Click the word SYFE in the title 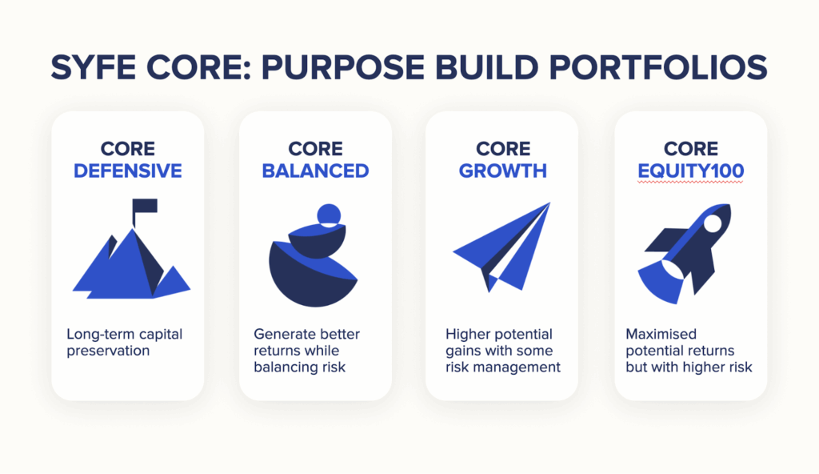[93, 67]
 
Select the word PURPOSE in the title [342, 67]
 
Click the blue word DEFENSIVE [127, 171]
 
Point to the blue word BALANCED [315, 171]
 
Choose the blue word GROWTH [502, 171]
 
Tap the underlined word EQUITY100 [690, 171]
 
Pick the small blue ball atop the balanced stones [329, 215]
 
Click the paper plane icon [501, 247]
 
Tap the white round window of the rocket [713, 223]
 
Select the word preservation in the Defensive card [108, 351]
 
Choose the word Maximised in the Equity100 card [661, 334]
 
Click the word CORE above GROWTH [503, 149]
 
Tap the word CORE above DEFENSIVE [127, 149]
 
